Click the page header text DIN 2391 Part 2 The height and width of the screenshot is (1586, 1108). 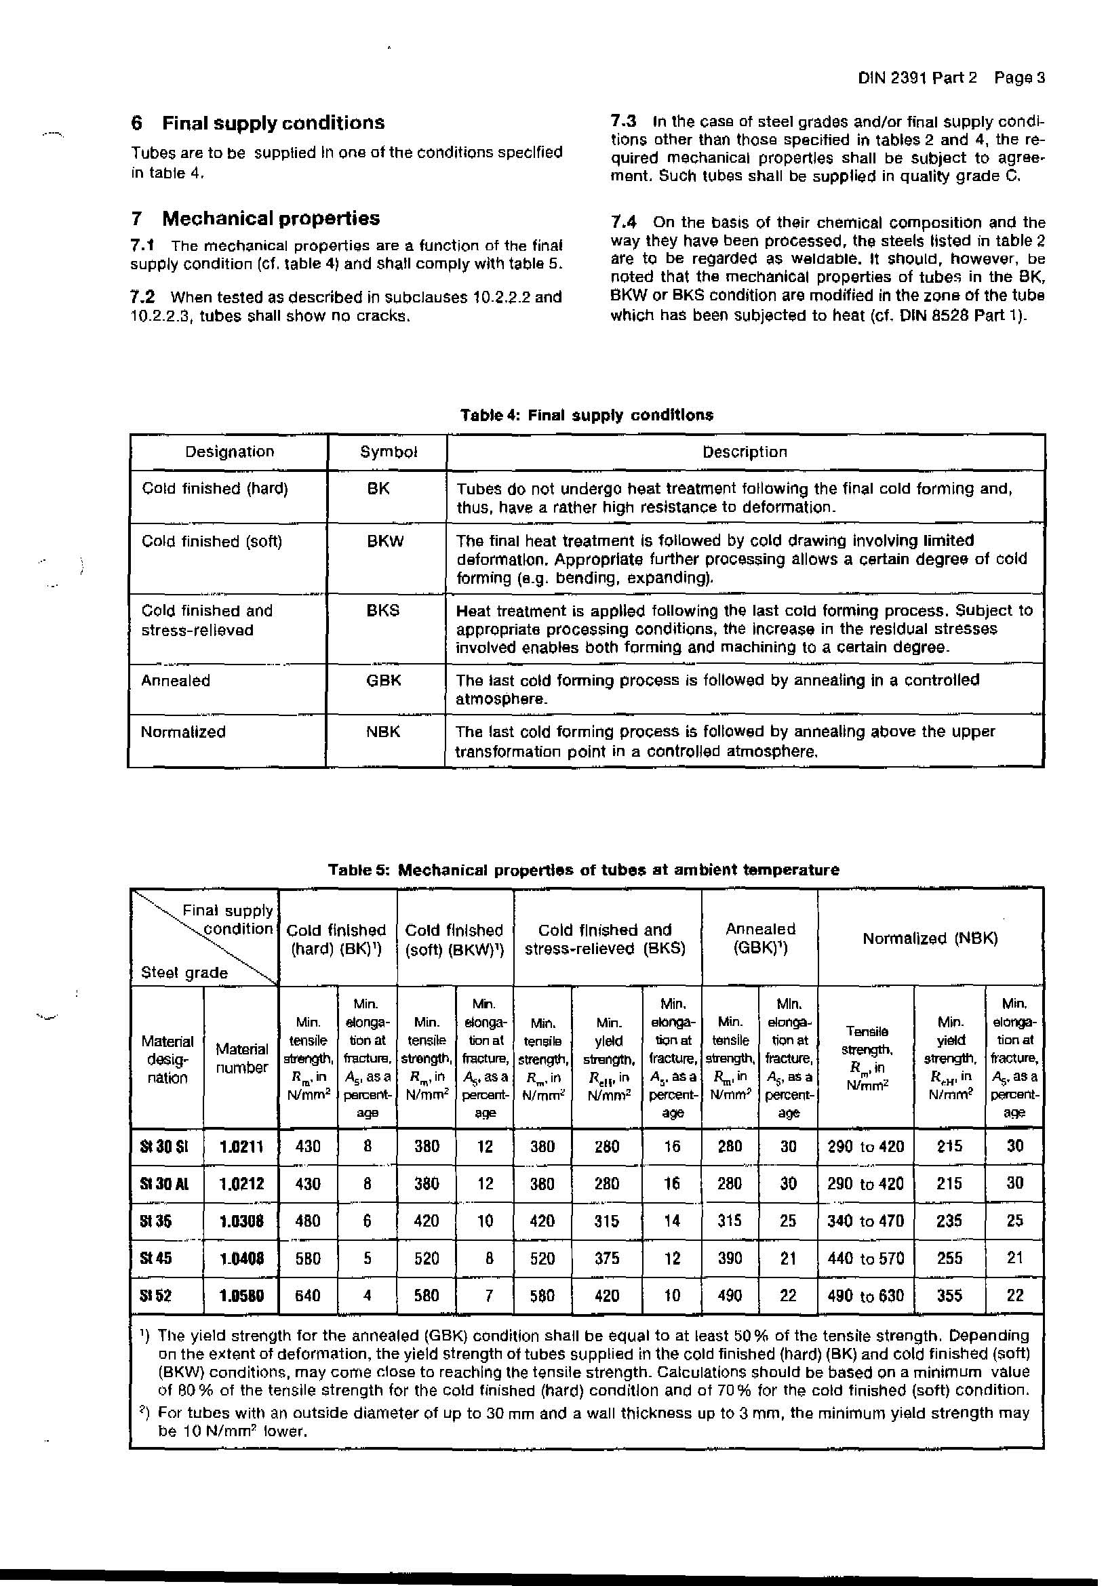[917, 78]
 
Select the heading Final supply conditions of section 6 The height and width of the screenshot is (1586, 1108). [273, 123]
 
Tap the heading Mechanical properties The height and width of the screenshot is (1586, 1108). [271, 218]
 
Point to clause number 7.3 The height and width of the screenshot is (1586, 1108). [622, 121]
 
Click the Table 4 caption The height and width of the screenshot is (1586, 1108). [587, 415]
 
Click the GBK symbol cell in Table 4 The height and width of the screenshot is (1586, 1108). [383, 680]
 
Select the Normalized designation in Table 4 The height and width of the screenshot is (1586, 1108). [183, 732]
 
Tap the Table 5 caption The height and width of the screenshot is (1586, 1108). [583, 870]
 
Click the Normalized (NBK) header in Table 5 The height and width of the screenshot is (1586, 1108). [930, 938]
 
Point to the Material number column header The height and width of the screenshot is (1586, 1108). [241, 1058]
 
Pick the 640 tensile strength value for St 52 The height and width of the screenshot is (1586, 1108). [307, 1295]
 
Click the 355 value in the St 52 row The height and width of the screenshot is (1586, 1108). [949, 1295]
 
